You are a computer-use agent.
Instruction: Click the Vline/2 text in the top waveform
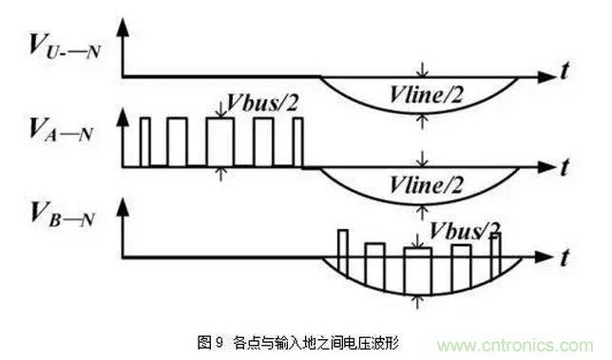(x=427, y=91)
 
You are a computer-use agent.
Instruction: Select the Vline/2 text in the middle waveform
(x=427, y=181)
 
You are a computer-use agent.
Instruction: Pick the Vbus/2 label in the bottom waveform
(x=465, y=229)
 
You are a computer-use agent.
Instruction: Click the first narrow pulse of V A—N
(x=145, y=142)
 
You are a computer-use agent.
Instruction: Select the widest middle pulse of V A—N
(x=220, y=142)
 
